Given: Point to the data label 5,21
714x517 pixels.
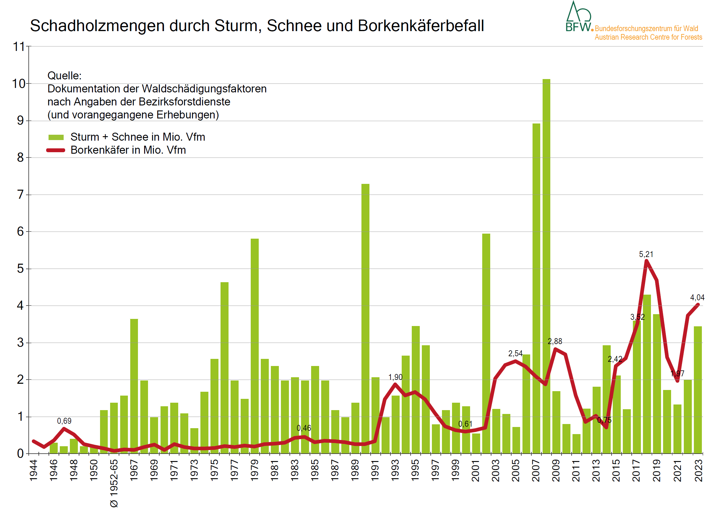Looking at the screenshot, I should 646,254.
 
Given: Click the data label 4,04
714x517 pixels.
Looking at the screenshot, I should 697,298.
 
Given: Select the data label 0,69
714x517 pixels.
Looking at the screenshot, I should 64,421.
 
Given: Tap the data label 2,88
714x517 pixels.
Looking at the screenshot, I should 555,341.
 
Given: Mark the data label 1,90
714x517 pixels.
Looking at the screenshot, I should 395,377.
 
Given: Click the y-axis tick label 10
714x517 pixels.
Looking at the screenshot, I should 19,84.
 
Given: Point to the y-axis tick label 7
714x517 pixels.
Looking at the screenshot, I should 20,195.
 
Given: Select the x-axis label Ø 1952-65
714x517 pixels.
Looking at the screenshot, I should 114,483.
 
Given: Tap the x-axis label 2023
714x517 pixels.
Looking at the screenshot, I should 698,471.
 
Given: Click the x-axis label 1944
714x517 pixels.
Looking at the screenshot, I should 33,470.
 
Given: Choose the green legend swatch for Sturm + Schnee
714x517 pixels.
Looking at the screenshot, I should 56,137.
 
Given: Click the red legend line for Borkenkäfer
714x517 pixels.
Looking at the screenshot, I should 56,150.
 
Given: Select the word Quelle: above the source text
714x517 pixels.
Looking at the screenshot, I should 64,76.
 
